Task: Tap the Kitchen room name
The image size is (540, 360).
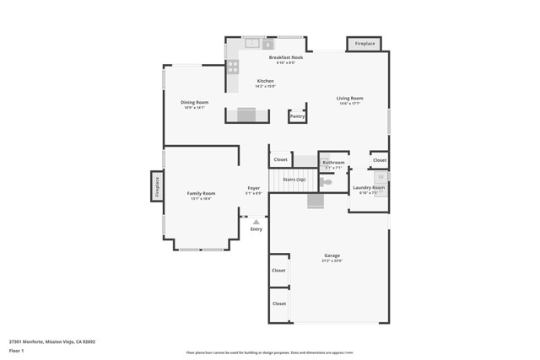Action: [x=265, y=81]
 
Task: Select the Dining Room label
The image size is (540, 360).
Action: [x=194, y=103]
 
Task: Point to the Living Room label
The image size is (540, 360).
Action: [x=350, y=99]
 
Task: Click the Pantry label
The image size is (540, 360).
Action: [x=297, y=116]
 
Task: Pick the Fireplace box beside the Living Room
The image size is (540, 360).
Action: [x=364, y=44]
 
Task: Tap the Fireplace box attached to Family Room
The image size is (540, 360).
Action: [x=157, y=185]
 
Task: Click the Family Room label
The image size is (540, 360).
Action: [x=201, y=194]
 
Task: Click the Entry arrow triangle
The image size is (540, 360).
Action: [x=256, y=222]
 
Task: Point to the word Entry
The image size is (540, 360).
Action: [x=256, y=229]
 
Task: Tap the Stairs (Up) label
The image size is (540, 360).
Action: [x=294, y=180]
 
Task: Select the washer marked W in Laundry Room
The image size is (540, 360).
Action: [x=381, y=178]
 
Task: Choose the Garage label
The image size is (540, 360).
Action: [x=332, y=255]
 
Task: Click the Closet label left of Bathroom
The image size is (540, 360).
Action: [x=280, y=159]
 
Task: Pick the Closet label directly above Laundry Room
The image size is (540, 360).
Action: [x=380, y=159]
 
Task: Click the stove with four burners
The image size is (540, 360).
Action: [x=232, y=66]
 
